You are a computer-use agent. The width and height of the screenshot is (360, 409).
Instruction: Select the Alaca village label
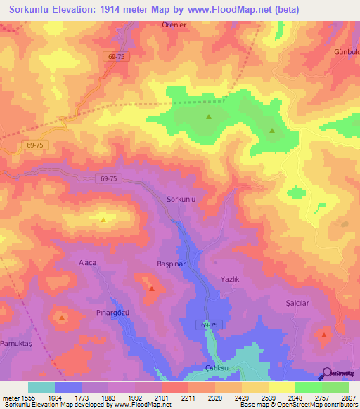pos(86,262)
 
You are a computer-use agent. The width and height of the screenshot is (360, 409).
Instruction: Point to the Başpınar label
pos(170,264)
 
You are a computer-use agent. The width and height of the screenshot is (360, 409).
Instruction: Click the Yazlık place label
pos(230,279)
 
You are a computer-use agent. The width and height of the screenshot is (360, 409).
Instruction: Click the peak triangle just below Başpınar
pos(151,287)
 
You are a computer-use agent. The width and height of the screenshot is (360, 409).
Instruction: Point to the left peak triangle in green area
pos(208,117)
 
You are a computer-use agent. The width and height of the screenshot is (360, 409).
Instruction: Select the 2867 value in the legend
pos(349,398)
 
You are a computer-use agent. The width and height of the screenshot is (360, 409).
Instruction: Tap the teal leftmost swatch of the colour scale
pos(41,387)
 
